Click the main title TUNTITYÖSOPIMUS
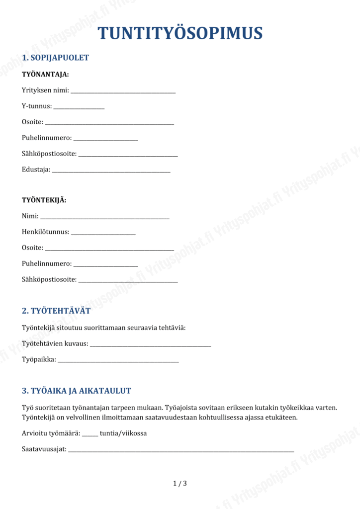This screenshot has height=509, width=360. click(180, 33)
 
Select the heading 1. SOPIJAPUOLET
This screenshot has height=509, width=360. click(55, 58)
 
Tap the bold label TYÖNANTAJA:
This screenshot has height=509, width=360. click(45, 75)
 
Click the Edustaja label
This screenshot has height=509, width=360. click(36, 170)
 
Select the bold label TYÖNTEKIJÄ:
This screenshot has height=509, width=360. click(44, 200)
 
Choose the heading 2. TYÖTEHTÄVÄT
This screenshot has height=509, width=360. click(56, 311)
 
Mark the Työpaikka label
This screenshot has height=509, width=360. click(39, 359)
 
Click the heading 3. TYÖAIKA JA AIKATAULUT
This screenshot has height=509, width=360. click(77, 391)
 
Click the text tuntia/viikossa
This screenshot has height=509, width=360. click(123, 433)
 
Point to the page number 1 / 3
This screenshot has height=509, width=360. click(180, 483)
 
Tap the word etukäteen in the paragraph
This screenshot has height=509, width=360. click(281, 417)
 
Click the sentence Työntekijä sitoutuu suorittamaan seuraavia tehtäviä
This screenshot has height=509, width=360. click(103, 328)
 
